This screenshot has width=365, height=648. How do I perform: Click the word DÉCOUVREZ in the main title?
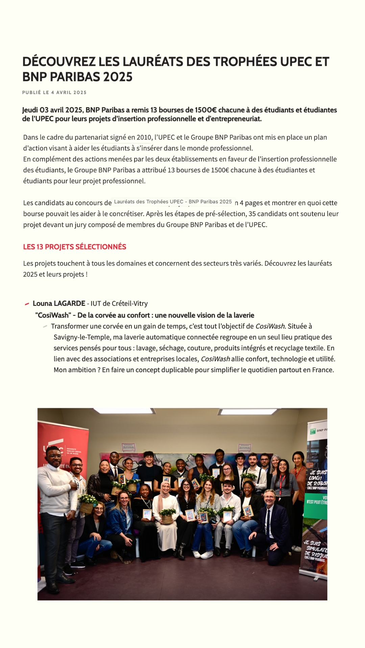(x=59, y=62)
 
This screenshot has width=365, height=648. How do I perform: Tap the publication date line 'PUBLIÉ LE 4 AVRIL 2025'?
(x=54, y=92)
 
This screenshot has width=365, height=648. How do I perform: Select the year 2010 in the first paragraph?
(x=144, y=137)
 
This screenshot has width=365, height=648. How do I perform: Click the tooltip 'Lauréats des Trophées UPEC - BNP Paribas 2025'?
(x=173, y=202)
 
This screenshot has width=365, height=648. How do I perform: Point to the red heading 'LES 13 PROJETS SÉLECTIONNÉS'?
(x=75, y=247)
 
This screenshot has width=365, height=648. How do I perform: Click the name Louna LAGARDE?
(x=59, y=303)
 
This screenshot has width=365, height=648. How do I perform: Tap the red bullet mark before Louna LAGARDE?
(x=27, y=304)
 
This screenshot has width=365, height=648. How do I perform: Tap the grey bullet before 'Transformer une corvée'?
(x=45, y=326)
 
